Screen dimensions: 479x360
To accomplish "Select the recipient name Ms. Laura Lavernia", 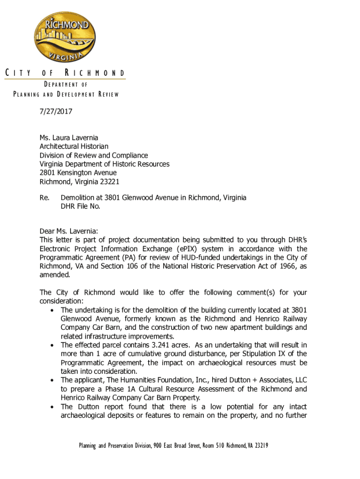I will [x=69, y=138].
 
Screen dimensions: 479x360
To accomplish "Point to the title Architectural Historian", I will [x=74, y=146].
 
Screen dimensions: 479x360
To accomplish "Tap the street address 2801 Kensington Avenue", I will [x=78, y=173].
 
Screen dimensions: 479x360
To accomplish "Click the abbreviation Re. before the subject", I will [x=44, y=197].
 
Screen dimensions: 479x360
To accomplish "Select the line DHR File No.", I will [x=80, y=206].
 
